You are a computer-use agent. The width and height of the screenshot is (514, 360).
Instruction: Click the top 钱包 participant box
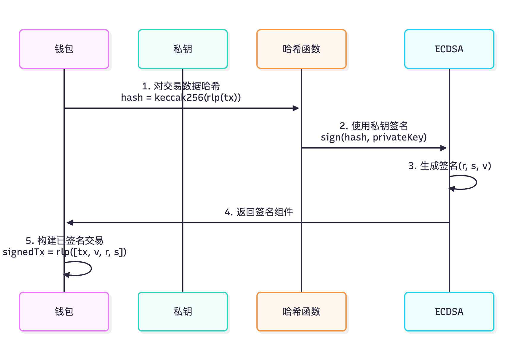64,49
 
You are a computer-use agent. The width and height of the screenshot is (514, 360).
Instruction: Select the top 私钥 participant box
183,49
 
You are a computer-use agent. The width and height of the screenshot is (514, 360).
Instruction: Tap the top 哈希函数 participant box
302,49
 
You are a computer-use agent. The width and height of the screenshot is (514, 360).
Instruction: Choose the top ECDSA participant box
449,49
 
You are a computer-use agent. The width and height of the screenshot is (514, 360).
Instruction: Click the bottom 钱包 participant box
64,312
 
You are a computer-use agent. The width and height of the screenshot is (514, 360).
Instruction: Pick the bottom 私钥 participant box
183,312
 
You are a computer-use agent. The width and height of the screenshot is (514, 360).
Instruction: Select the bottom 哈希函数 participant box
302,312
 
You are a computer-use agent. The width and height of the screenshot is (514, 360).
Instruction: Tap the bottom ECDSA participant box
449,312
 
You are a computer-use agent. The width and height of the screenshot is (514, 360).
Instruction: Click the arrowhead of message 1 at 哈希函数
296,108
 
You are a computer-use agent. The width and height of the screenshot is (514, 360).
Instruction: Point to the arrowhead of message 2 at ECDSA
444,148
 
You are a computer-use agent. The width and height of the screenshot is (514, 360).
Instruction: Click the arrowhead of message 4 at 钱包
70,222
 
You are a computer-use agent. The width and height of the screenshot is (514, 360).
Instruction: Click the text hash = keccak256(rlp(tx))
181,97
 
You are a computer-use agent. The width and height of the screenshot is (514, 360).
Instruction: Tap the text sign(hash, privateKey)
374,137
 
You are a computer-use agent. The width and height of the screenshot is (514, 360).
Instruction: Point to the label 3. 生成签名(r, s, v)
449,166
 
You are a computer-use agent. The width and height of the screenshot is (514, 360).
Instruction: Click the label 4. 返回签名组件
258,212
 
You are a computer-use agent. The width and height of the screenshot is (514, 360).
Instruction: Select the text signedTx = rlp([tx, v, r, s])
65,252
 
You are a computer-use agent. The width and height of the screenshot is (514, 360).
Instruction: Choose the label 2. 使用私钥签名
374,126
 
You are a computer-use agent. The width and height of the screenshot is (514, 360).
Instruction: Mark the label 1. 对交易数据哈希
181,86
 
